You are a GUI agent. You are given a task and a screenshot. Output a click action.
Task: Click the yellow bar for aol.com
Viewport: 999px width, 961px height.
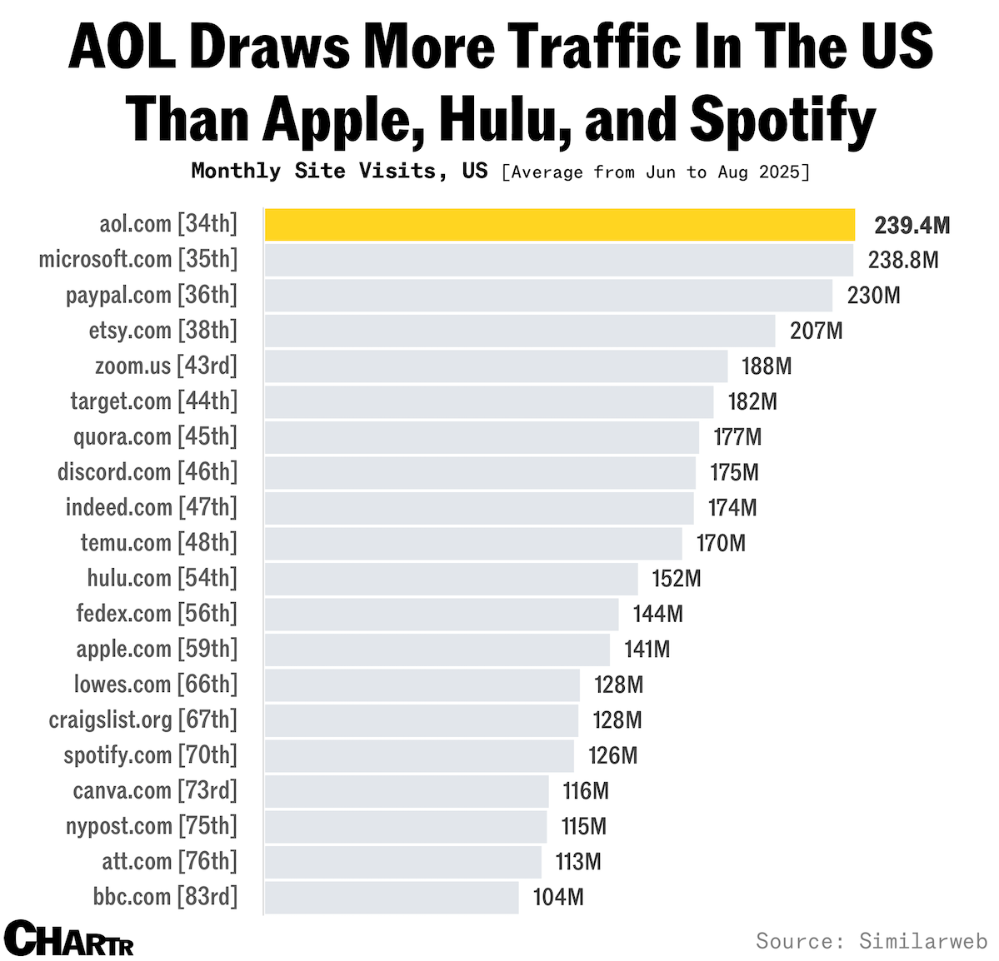click(x=559, y=225)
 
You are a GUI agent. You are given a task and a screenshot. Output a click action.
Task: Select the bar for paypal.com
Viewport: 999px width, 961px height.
click(x=547, y=296)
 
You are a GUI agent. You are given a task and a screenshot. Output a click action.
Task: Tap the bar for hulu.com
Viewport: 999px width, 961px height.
click(x=451, y=579)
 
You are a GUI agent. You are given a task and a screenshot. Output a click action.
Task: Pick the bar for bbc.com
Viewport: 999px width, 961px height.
click(x=391, y=898)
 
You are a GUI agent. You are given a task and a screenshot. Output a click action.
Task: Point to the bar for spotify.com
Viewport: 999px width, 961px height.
click(x=418, y=756)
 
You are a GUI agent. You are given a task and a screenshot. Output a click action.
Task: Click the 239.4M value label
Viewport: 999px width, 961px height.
click(x=912, y=226)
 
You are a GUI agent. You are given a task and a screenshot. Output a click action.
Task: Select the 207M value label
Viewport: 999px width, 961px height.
click(x=816, y=331)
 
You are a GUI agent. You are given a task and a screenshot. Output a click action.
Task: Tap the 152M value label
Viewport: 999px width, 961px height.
click(x=676, y=579)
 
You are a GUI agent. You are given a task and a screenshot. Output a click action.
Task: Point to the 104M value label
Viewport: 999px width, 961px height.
click(x=557, y=898)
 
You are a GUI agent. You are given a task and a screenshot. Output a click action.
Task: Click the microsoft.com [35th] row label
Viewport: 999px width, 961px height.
click(x=138, y=260)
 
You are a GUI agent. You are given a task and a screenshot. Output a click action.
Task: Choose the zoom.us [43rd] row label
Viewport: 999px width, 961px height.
click(x=166, y=366)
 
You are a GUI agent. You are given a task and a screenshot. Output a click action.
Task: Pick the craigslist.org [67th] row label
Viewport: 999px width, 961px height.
click(x=143, y=720)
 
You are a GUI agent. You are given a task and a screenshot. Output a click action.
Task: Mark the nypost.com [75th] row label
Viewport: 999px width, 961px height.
click(x=152, y=826)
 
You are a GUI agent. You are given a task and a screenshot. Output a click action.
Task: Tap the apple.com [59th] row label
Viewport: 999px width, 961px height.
click(x=157, y=650)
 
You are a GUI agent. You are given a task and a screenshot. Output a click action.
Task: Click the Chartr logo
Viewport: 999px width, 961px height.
click(x=68, y=939)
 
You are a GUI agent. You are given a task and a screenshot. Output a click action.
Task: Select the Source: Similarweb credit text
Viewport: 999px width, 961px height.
click(x=871, y=941)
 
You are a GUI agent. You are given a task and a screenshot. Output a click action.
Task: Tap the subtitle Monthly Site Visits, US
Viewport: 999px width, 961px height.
click(x=339, y=172)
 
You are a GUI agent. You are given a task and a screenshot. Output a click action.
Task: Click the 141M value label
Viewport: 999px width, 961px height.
click(x=647, y=650)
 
